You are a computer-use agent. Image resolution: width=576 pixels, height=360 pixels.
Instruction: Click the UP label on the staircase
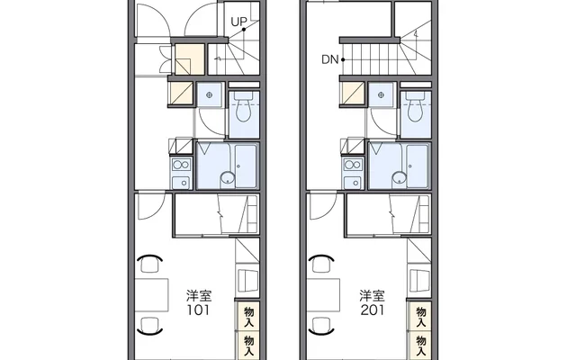point(238,22)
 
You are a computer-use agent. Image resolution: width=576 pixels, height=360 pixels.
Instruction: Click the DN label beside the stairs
point(329,59)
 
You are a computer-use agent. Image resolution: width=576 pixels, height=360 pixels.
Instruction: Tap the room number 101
point(198,310)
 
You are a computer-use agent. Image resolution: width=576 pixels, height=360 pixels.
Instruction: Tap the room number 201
point(372,310)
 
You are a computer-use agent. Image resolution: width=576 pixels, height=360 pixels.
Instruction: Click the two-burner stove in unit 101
point(182,165)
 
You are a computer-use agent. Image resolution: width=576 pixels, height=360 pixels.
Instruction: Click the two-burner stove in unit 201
point(353,165)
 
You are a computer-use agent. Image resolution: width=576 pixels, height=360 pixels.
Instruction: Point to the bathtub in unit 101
point(246,166)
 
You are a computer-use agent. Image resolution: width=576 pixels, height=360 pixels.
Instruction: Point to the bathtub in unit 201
point(417,166)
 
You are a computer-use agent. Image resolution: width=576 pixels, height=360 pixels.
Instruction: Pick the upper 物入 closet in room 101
point(248,317)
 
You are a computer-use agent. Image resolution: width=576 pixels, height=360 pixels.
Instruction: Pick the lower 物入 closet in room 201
point(420,346)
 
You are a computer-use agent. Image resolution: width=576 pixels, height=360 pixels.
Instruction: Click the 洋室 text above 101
point(198,296)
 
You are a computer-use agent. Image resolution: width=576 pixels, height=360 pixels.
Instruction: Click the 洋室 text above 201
point(372,296)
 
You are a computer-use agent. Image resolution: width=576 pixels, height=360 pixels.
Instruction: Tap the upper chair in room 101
point(149,264)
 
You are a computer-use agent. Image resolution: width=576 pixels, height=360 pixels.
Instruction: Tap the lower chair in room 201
point(321,326)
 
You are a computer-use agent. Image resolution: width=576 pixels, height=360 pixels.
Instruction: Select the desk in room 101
point(151,295)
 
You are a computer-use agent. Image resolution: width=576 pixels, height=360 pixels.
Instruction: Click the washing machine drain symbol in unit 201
point(381,95)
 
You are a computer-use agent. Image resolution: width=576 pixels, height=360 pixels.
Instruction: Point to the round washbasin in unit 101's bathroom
point(228,178)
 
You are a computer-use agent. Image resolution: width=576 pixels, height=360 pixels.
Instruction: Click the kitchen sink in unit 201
point(353,182)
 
